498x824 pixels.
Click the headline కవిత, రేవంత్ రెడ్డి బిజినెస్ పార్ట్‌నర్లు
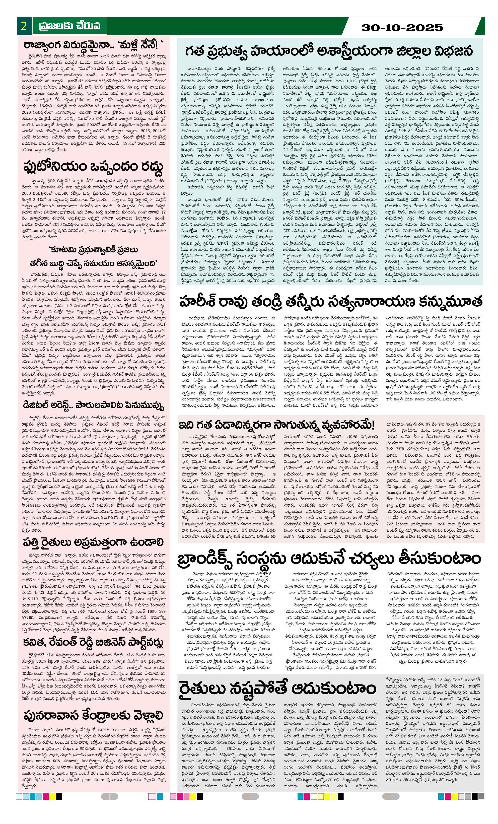click(93, 642)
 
